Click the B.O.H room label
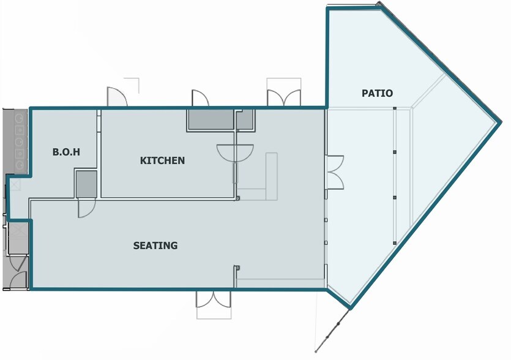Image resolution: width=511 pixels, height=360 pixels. tap(66, 152)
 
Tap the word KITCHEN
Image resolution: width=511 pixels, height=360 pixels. tap(162, 160)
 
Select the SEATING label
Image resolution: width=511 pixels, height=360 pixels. tap(155, 246)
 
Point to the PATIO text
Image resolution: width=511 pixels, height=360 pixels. tap(378, 93)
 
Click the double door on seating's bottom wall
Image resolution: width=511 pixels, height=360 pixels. tap(214, 299)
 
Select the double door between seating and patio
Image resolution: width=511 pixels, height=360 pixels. tap(335, 172)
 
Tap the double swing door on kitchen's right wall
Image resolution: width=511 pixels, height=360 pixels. tap(235, 152)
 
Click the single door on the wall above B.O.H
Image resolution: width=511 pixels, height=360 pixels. tap(117, 97)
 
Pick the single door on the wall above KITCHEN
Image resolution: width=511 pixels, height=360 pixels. tap(200, 98)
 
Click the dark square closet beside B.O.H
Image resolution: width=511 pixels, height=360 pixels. tap(86, 184)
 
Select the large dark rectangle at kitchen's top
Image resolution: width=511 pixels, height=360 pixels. tap(211, 119)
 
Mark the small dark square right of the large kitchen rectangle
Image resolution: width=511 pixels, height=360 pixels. tap(245, 119)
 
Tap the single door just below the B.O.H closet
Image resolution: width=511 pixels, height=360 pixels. tap(87, 208)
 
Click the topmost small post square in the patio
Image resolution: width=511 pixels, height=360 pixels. tap(395, 108)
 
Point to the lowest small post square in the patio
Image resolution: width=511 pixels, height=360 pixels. tap(395, 243)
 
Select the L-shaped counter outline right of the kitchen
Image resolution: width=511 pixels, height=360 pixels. tap(272, 176)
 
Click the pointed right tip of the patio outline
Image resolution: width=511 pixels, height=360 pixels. tap(500, 122)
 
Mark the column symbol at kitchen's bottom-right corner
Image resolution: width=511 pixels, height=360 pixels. tap(238, 198)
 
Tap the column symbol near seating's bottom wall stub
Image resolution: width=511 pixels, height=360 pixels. tap(237, 268)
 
